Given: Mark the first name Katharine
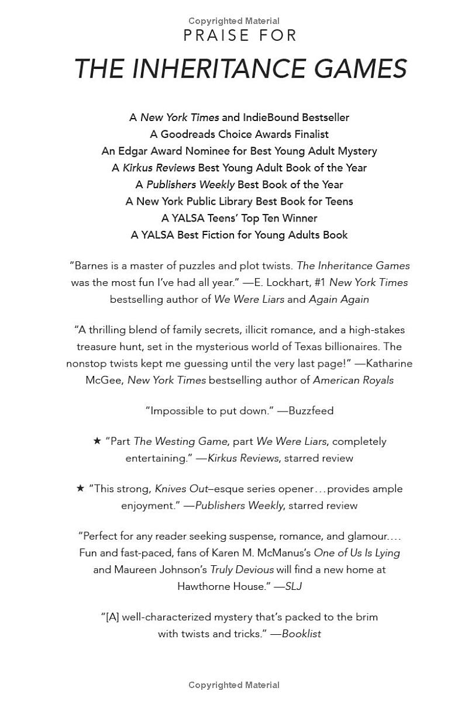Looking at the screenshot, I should point(390,364).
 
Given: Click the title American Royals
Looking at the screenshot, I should point(353,381).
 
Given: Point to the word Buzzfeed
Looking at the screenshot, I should point(311,411).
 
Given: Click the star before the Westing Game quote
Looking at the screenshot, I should point(97,441).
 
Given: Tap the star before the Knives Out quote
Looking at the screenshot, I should point(81,488).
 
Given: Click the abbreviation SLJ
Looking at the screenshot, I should point(293,586).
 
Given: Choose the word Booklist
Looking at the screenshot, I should point(301,634).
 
